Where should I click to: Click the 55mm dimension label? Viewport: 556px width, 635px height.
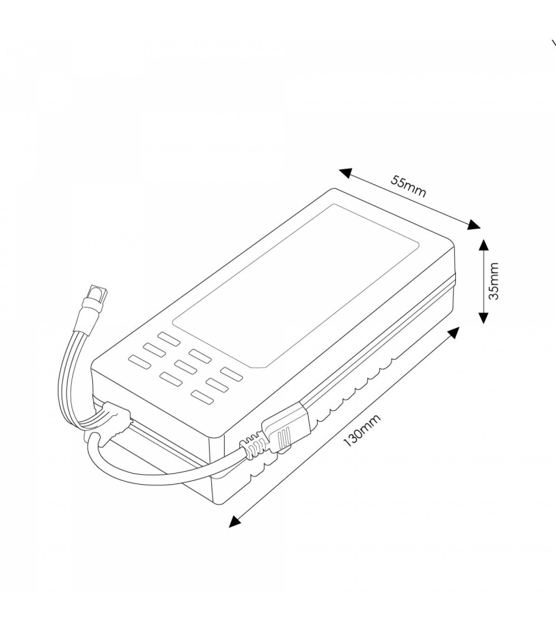(x=408, y=186)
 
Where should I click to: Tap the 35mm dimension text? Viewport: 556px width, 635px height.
(x=493, y=281)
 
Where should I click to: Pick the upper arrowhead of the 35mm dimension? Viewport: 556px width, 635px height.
(x=483, y=244)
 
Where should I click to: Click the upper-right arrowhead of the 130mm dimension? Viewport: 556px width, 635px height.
(x=454, y=333)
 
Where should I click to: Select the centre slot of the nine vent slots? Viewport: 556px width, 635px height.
(x=185, y=367)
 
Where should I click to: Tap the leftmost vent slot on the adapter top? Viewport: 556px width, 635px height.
(x=139, y=362)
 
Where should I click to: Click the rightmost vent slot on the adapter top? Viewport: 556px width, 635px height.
(x=232, y=374)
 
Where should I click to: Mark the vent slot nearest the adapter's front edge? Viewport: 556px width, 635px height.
(x=202, y=397)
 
